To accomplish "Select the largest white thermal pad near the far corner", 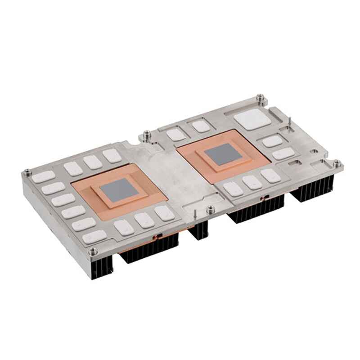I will [x=252, y=119].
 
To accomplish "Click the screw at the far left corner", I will [x=27, y=171].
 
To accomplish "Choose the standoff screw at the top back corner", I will [x=260, y=97].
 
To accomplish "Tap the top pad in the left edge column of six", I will [x=43, y=176].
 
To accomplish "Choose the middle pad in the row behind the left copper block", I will [x=92, y=162].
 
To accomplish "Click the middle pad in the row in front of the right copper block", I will [x=252, y=182].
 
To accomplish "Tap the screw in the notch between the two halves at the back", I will [x=146, y=134].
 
